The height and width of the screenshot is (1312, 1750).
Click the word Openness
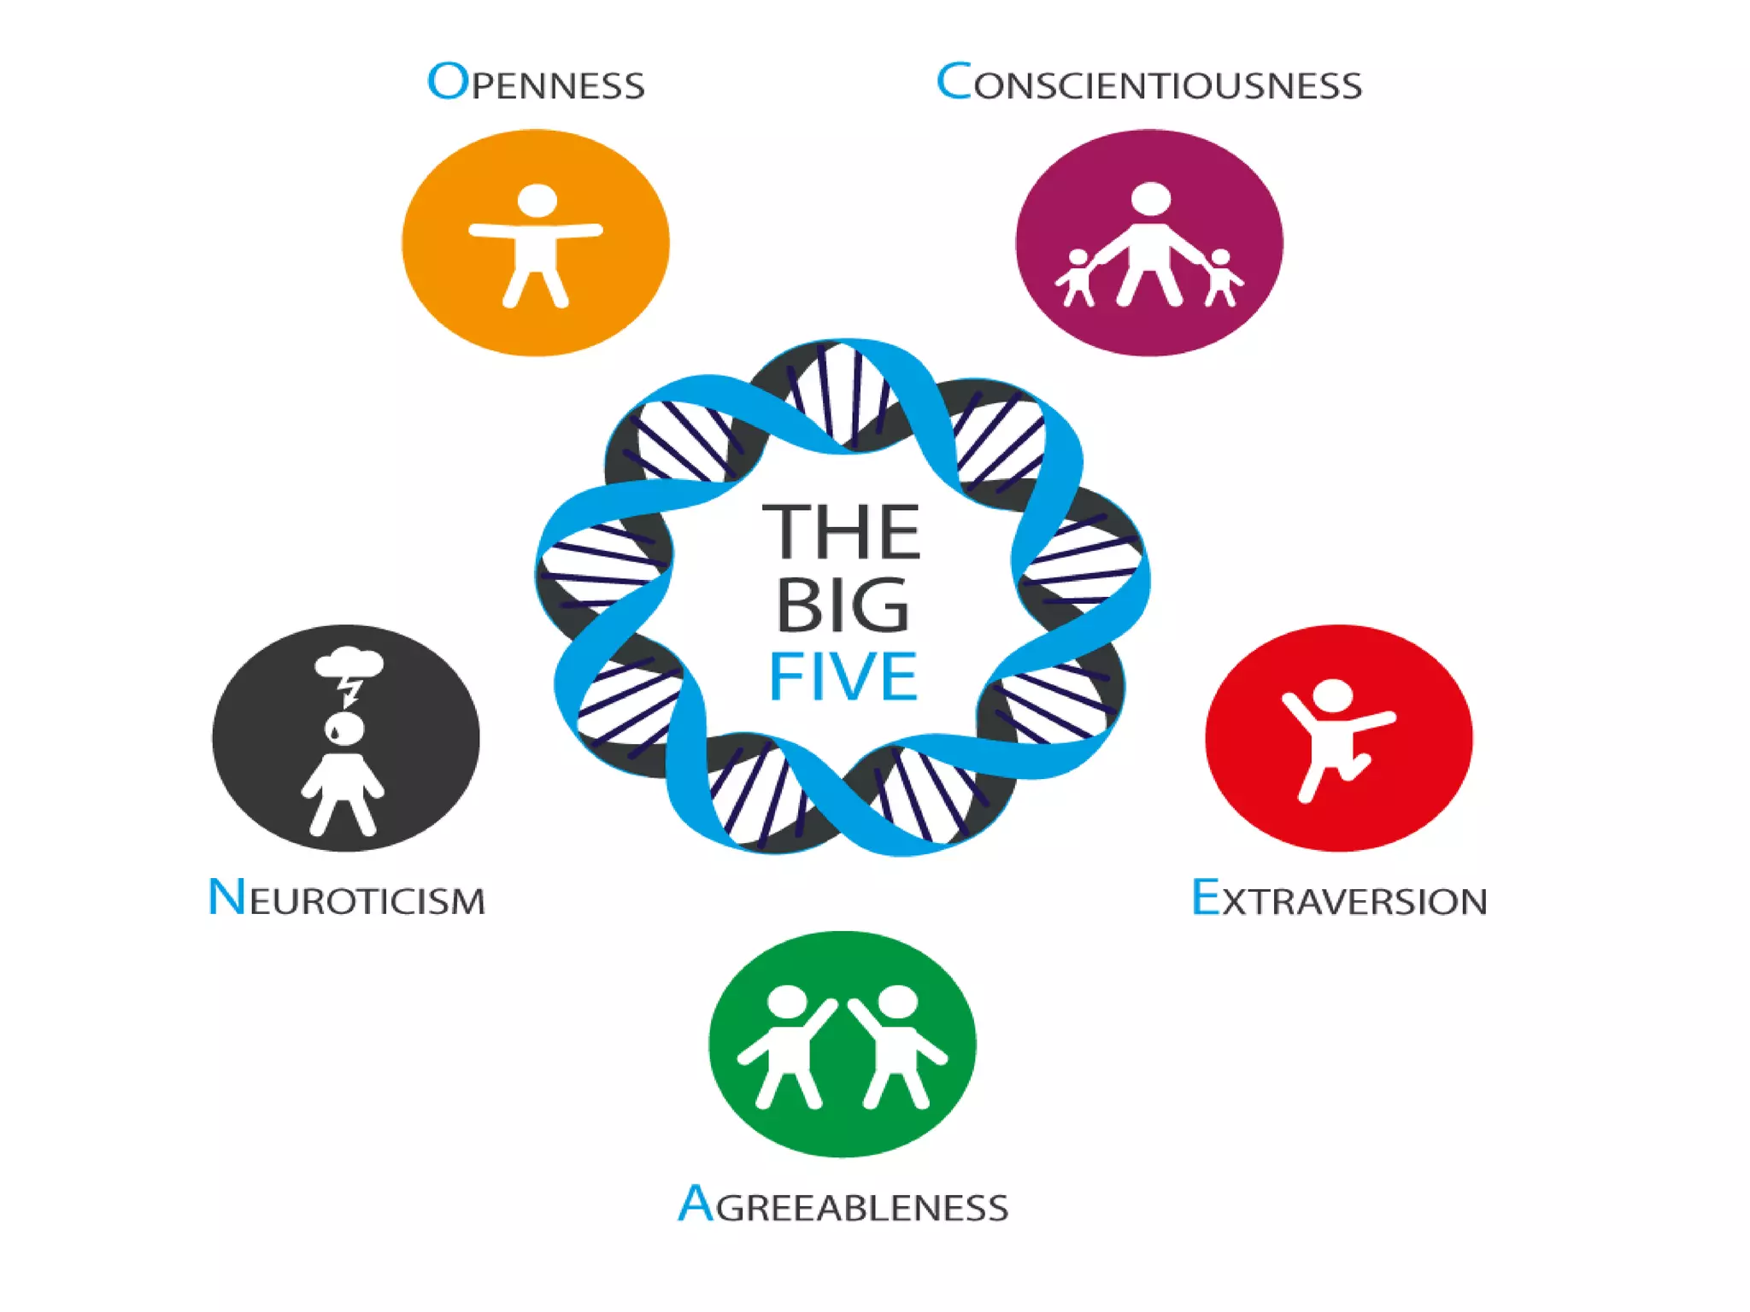tap(536, 83)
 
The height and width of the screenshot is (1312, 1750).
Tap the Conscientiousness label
tap(1149, 84)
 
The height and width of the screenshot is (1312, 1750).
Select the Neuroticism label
tap(346, 898)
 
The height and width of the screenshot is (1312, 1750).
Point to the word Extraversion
tap(1339, 899)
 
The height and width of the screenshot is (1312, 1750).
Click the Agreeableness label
tap(843, 1205)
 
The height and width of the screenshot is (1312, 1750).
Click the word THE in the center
tap(842, 531)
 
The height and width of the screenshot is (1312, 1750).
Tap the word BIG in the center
tap(843, 605)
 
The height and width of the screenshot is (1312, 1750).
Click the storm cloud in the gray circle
tap(349, 662)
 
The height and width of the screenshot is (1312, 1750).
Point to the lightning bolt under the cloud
tap(349, 690)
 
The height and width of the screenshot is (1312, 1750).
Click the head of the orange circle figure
tap(537, 201)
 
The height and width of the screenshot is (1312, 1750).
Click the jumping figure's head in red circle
tap(1332, 695)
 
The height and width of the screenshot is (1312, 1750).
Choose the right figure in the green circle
tap(897, 1046)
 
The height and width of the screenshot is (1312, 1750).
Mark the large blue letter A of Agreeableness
tap(696, 1204)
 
